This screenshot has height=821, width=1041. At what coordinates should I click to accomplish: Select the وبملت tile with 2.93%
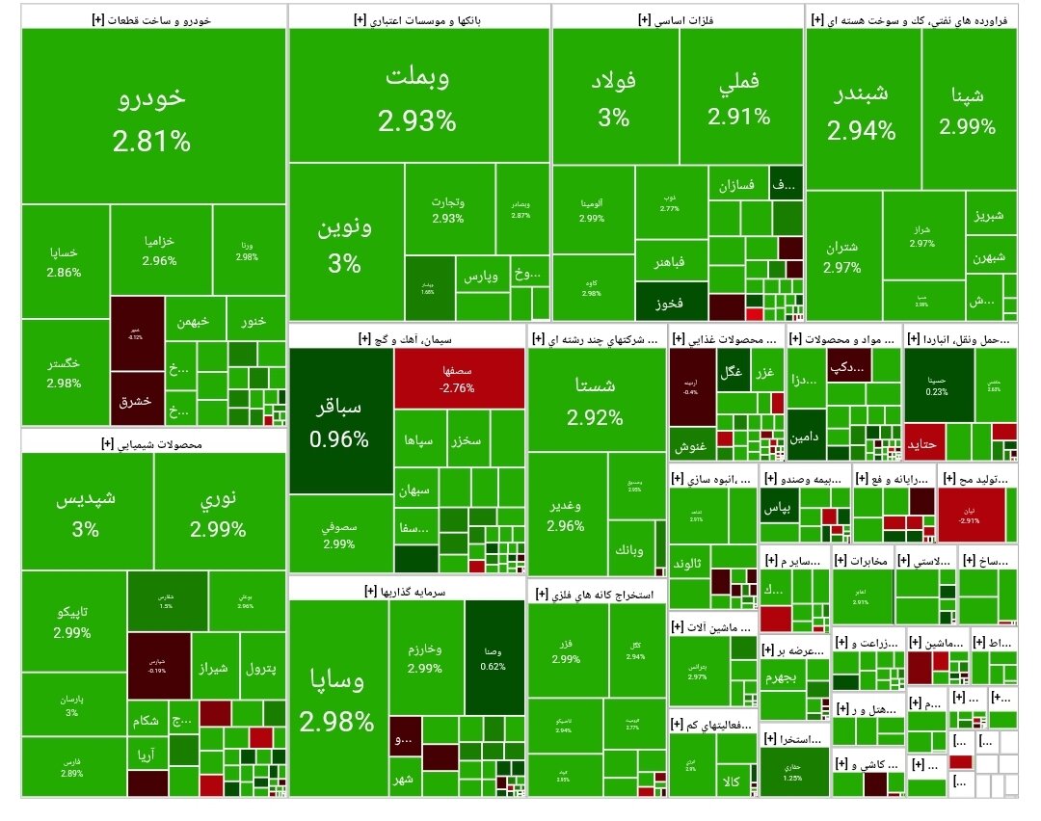[418, 96]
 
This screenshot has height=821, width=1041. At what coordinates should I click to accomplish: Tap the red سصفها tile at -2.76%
[459, 378]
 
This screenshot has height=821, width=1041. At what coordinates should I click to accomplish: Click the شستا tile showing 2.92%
[596, 400]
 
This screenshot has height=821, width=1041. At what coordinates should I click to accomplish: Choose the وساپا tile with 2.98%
[337, 699]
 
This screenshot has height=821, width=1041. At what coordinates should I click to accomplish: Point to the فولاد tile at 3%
[614, 97]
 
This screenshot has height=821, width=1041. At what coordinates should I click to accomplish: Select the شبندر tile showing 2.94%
[861, 111]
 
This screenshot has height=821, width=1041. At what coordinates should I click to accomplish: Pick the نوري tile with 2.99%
[218, 513]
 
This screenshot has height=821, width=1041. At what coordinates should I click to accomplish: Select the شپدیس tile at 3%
[88, 513]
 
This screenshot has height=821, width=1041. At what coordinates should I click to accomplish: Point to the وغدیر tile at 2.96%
[566, 516]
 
